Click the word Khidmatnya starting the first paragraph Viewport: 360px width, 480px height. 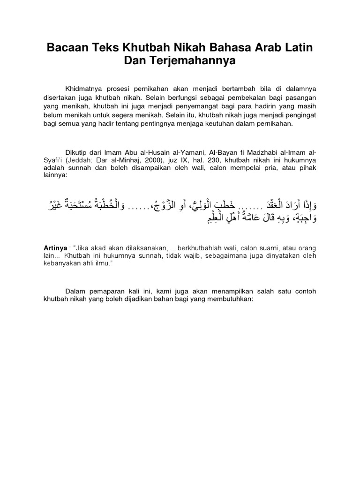tap(88, 88)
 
